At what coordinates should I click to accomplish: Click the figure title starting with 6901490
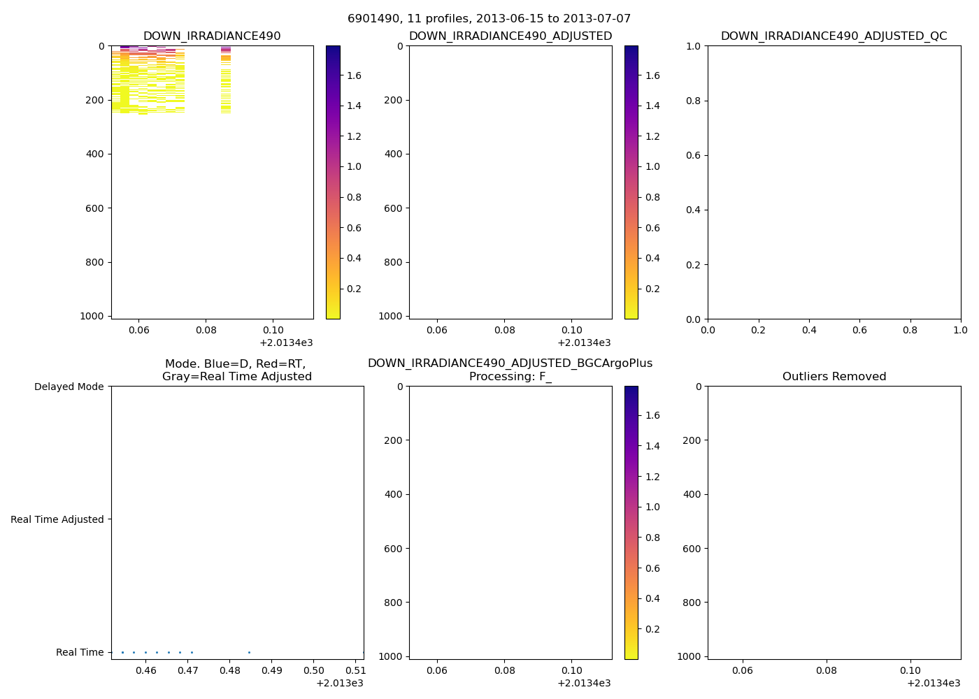point(489,19)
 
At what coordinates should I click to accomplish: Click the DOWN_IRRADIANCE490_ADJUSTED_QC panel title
point(834,36)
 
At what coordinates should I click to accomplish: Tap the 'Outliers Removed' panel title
point(834,377)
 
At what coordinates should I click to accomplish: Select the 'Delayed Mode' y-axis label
point(69,387)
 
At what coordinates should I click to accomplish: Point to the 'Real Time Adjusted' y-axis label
point(57,519)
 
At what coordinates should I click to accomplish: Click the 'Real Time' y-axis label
point(80,652)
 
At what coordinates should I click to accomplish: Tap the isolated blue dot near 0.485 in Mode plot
point(249,652)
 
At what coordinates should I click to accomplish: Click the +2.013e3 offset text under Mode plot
point(339,683)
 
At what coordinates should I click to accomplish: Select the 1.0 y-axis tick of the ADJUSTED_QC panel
point(692,46)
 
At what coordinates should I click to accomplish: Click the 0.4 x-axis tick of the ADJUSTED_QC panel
point(809,330)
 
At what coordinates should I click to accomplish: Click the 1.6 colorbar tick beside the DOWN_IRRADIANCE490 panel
point(354,75)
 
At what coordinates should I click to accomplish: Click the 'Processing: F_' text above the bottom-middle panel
point(510,377)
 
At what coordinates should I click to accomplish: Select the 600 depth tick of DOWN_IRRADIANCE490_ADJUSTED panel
point(394,208)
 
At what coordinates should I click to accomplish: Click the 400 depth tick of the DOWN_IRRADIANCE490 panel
point(96,154)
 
